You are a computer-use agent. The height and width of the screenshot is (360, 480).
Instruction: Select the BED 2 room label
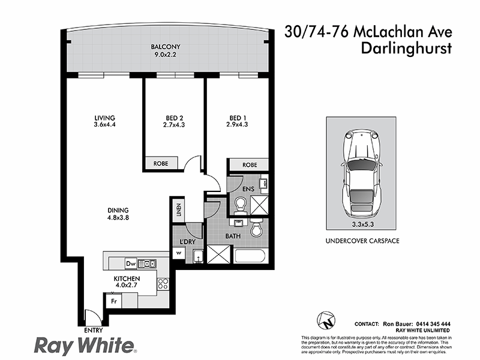click(x=173, y=121)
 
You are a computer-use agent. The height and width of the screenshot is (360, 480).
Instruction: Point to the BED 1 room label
click(x=238, y=121)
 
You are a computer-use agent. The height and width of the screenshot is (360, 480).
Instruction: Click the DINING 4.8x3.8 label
click(x=118, y=214)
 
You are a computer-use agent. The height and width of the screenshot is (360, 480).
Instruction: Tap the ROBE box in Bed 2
click(x=161, y=163)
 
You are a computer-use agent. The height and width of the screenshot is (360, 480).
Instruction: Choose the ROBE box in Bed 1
click(x=249, y=164)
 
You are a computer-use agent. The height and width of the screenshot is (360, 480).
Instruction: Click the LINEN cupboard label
click(x=178, y=210)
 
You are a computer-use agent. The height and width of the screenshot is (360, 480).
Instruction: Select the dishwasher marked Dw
click(x=131, y=263)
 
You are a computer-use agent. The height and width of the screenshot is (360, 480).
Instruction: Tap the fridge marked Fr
click(x=112, y=300)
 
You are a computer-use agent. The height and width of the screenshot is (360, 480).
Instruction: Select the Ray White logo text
click(x=84, y=346)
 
